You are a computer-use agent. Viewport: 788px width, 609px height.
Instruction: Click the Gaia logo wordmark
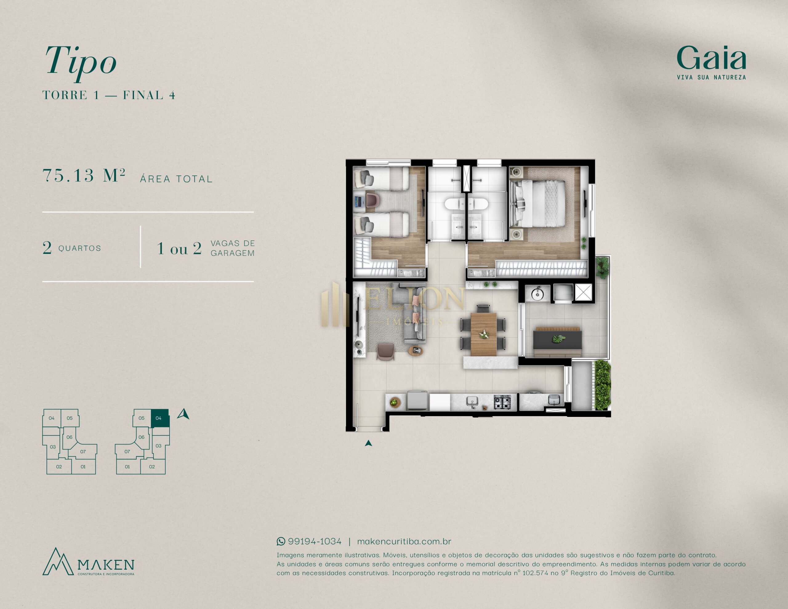[711, 58]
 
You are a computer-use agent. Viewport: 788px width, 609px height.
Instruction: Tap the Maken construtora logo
[88, 562]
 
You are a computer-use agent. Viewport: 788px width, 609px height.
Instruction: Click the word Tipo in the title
[80, 61]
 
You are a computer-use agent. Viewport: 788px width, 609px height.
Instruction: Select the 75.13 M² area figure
[84, 175]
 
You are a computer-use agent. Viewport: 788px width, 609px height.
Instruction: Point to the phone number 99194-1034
[315, 541]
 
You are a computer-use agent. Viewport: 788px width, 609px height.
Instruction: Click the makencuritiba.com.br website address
[404, 541]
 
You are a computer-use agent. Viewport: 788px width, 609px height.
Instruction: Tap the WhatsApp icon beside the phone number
[281, 541]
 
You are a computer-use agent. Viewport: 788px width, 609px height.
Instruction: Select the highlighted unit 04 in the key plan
[160, 418]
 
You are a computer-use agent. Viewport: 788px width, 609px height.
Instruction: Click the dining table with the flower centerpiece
[484, 335]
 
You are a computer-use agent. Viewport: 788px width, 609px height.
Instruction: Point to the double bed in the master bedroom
[538, 203]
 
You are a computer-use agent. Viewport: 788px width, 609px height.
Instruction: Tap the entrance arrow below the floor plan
[368, 443]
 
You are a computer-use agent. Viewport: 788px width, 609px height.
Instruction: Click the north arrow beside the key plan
[183, 414]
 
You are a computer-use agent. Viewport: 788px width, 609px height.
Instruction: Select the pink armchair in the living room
[385, 351]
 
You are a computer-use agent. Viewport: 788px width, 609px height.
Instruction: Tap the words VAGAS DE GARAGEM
[233, 248]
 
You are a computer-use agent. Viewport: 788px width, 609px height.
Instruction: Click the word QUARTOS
[80, 248]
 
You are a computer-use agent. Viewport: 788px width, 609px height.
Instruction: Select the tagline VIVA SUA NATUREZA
[711, 77]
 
